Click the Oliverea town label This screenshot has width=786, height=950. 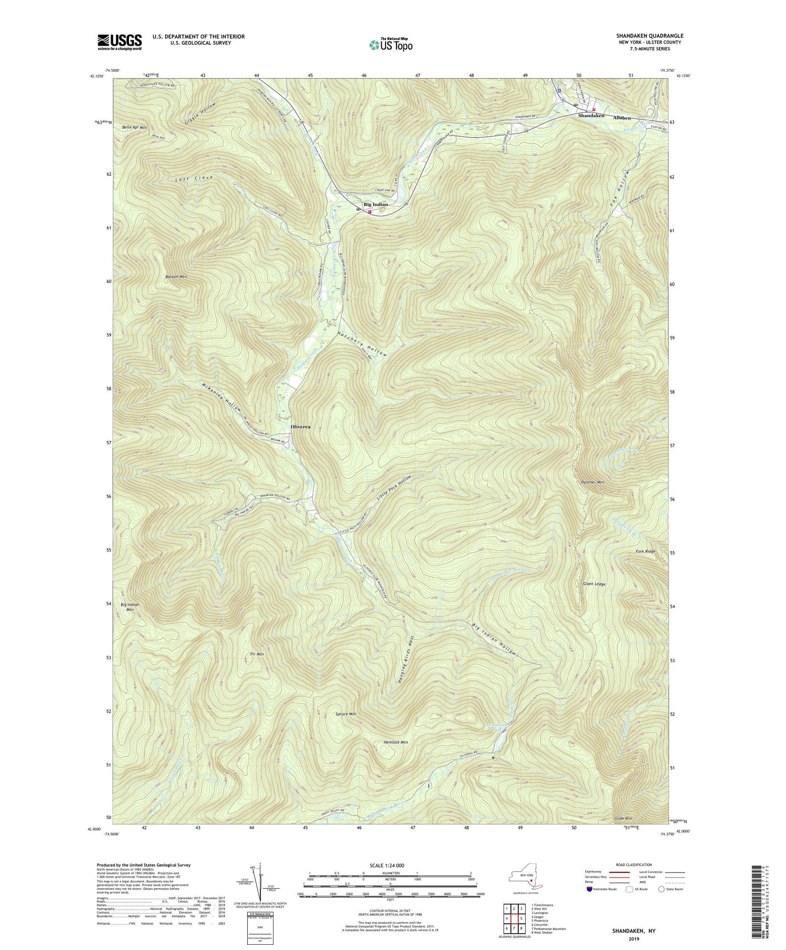300,427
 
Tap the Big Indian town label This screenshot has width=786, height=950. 376,205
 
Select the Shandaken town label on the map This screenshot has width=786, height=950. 591,115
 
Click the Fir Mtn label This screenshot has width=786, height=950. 256,669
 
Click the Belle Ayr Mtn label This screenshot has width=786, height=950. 135,127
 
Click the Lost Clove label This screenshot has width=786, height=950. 194,179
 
